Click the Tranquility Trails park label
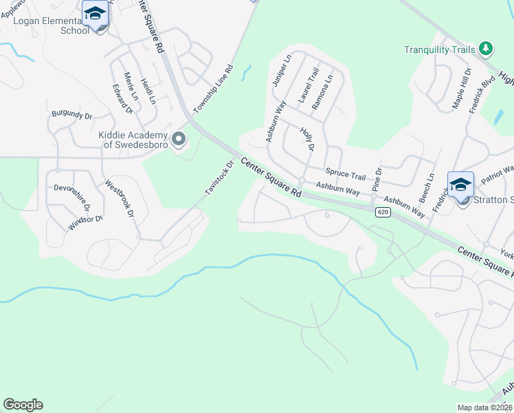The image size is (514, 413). (440, 50)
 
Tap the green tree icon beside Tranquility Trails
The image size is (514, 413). (487, 48)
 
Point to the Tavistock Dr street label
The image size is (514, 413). (220, 177)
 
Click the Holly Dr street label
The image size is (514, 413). (306, 138)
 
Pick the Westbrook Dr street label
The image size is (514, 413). (119, 199)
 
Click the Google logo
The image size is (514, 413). (23, 405)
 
